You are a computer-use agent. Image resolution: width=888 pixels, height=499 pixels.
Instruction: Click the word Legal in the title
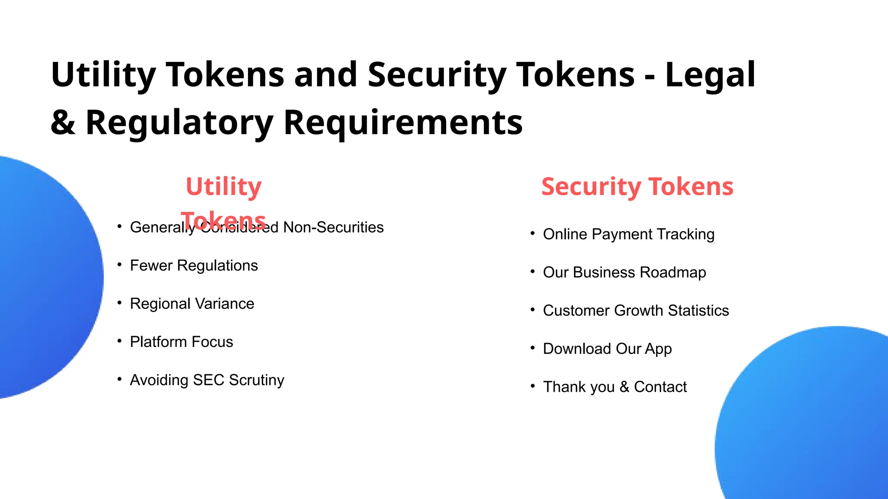click(x=710, y=75)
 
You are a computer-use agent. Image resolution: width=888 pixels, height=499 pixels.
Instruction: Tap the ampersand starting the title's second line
click(x=63, y=123)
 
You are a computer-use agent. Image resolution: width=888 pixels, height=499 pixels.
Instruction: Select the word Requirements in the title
click(x=403, y=123)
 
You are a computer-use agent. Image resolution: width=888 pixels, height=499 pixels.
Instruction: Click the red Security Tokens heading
click(x=637, y=187)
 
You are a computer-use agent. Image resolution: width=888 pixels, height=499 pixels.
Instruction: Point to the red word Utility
click(x=223, y=187)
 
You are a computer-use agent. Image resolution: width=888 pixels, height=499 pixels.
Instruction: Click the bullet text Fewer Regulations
click(x=194, y=266)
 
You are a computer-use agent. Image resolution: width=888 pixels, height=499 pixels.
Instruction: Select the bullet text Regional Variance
click(x=192, y=304)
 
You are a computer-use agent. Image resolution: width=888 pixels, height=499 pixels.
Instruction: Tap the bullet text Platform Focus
click(x=181, y=342)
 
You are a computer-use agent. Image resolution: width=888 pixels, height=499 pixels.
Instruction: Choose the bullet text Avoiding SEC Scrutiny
click(x=207, y=380)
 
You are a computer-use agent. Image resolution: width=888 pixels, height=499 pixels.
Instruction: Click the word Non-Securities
click(x=333, y=227)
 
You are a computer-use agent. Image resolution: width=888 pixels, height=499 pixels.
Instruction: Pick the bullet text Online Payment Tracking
click(x=628, y=234)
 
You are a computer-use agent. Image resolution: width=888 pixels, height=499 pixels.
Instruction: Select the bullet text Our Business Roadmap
click(x=624, y=272)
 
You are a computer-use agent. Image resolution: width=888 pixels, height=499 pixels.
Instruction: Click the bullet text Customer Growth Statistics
click(x=636, y=311)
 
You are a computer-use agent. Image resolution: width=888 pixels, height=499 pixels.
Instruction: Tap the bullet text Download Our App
click(x=607, y=349)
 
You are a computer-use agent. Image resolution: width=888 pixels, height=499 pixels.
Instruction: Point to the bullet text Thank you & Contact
click(x=615, y=387)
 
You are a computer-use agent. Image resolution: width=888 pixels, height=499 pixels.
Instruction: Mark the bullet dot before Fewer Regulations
click(x=119, y=265)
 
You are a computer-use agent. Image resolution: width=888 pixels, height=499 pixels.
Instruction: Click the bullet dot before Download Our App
click(x=532, y=348)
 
